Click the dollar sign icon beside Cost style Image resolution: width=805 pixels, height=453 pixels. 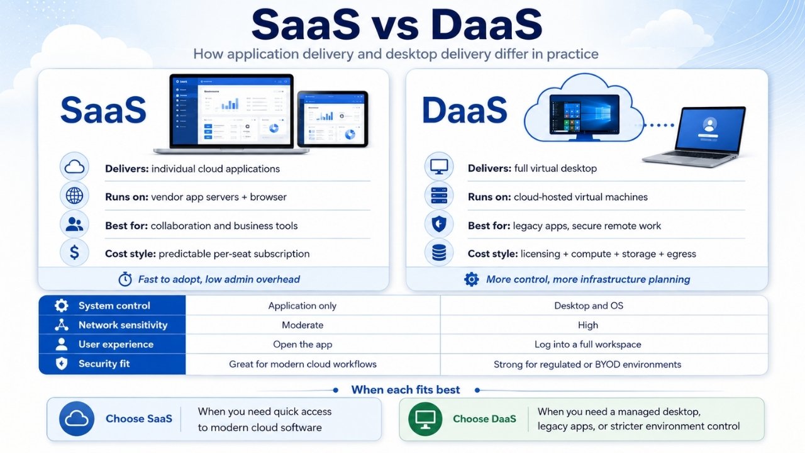coord(74,252)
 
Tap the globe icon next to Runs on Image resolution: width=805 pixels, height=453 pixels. coord(74,196)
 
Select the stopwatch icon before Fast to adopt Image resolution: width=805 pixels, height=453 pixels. coord(125,279)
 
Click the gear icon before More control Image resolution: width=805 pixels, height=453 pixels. coord(472,279)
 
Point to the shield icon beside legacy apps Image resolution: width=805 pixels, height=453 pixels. coord(439,224)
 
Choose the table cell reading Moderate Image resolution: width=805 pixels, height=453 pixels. coord(303,325)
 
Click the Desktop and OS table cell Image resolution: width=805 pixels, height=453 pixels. coord(589,306)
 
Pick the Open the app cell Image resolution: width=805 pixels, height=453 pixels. coord(303,344)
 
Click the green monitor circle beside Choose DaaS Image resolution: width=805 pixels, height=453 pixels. coord(425,419)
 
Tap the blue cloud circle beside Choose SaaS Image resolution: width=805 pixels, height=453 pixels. coord(77,419)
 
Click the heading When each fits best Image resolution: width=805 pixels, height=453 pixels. coord(406,389)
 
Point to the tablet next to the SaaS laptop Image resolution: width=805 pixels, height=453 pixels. coord(333,119)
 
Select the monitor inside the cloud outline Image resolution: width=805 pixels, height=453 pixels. coord(585,117)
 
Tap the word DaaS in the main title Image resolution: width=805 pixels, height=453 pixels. coord(487,25)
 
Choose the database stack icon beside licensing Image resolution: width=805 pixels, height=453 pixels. coord(439,252)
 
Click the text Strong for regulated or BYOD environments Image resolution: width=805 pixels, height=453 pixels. coord(587,364)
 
